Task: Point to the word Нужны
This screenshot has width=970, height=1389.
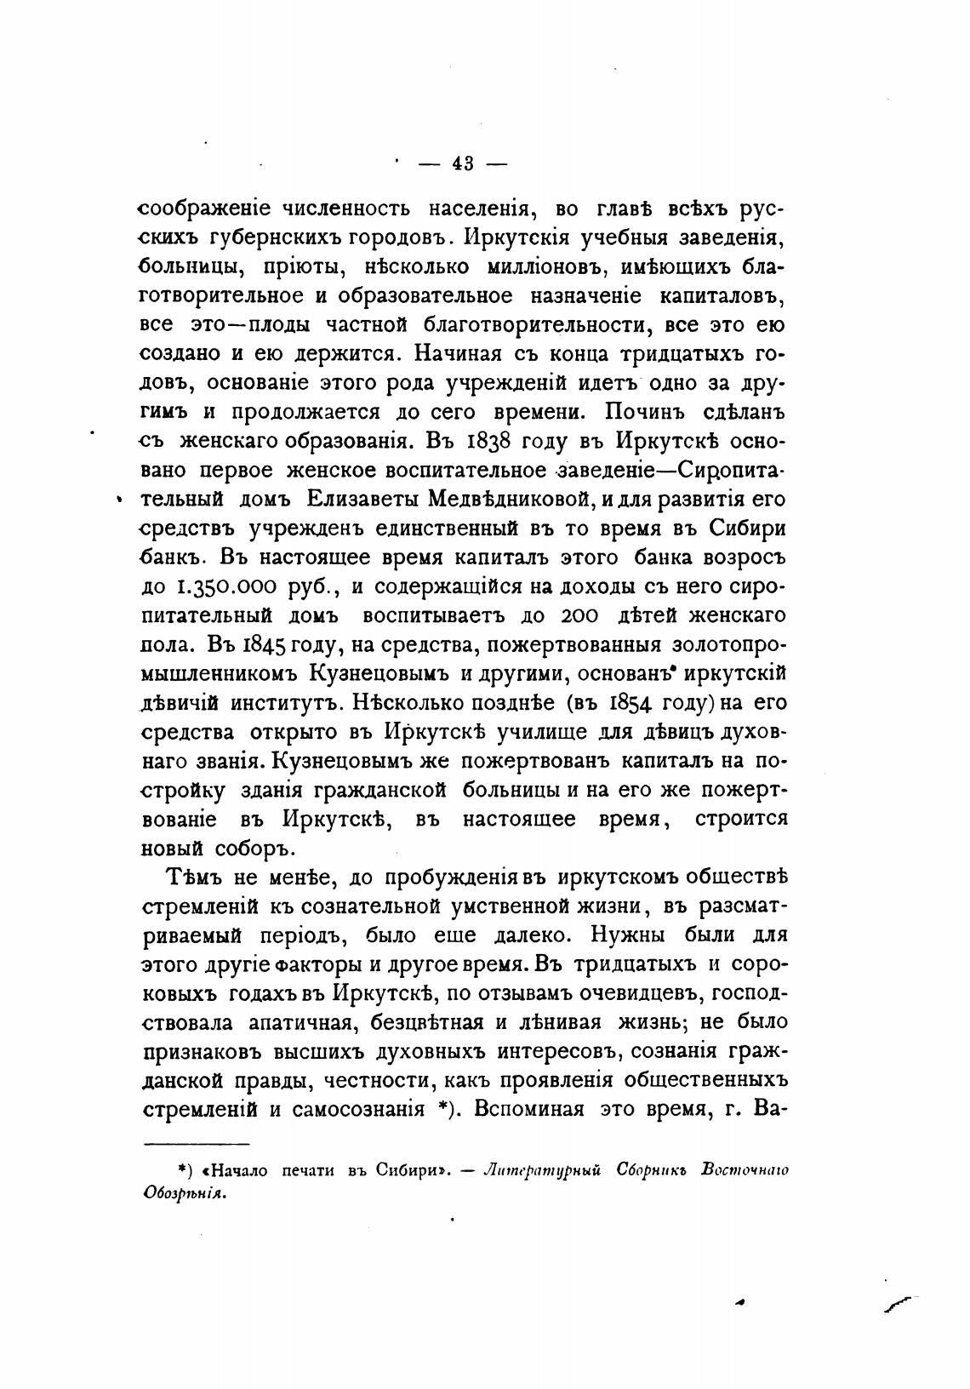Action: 619,935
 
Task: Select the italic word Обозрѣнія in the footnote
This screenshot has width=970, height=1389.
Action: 185,1192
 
